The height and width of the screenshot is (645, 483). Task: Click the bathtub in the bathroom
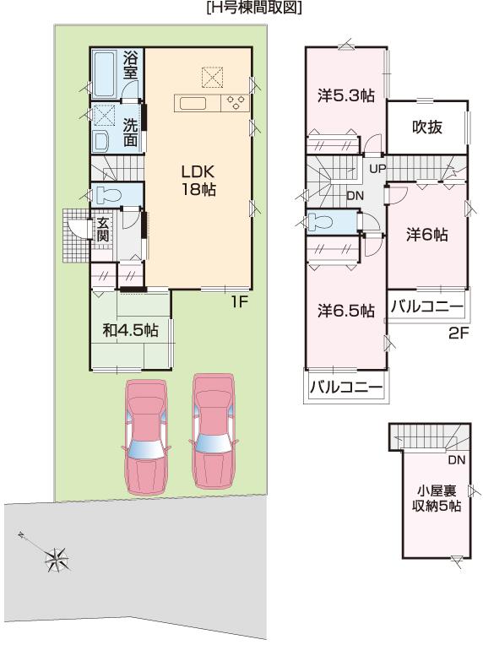(106, 74)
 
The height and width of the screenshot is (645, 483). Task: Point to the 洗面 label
(131, 130)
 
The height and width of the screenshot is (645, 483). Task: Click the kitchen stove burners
(236, 102)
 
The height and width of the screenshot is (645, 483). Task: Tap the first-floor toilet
(108, 195)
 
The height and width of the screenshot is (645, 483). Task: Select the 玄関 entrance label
(102, 230)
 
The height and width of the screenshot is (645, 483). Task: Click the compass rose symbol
(57, 556)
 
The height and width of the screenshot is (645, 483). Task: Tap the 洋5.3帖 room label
(345, 96)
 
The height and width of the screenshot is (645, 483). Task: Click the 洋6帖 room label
(426, 234)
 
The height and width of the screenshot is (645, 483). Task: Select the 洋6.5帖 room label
(346, 311)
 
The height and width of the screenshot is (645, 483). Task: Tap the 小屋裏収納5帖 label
(437, 498)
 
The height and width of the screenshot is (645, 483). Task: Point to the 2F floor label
(459, 333)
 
